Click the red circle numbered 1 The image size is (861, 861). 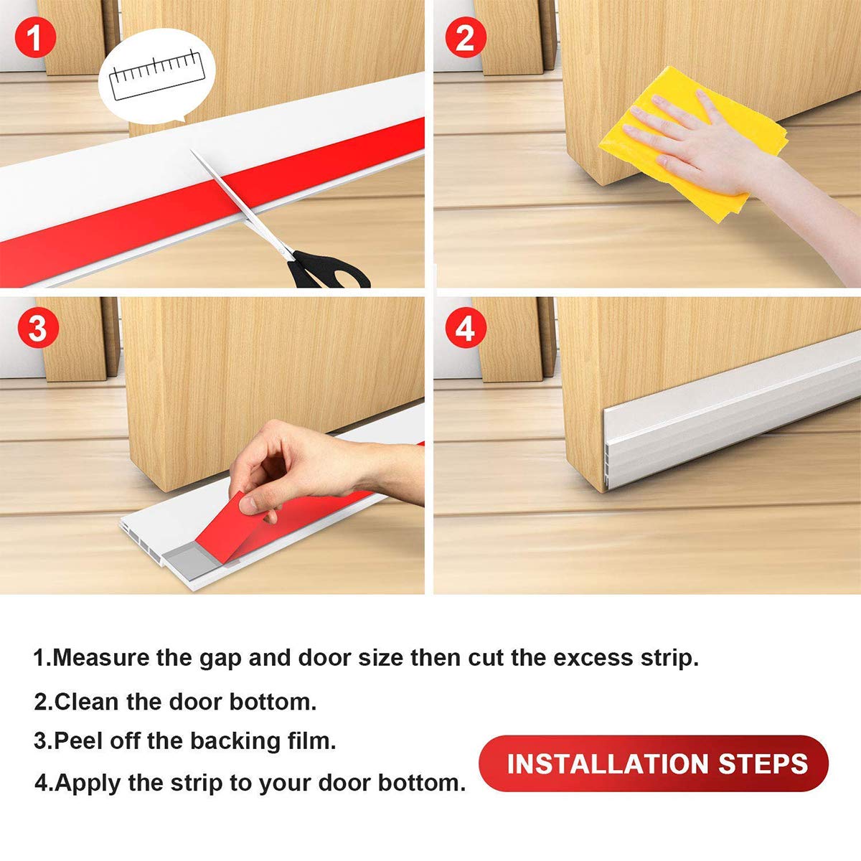pyautogui.click(x=35, y=37)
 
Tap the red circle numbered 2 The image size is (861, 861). pyautogui.click(x=465, y=37)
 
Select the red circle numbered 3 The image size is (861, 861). pyautogui.click(x=37, y=329)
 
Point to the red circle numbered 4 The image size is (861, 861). pyautogui.click(x=465, y=329)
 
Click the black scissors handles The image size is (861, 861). pyautogui.click(x=326, y=271)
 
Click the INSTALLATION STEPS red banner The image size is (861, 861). pyautogui.click(x=654, y=763)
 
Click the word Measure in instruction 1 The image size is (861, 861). pyautogui.click(x=100, y=657)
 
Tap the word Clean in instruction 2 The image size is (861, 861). pyautogui.click(x=87, y=701)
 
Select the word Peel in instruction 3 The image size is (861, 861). pyautogui.click(x=79, y=740)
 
